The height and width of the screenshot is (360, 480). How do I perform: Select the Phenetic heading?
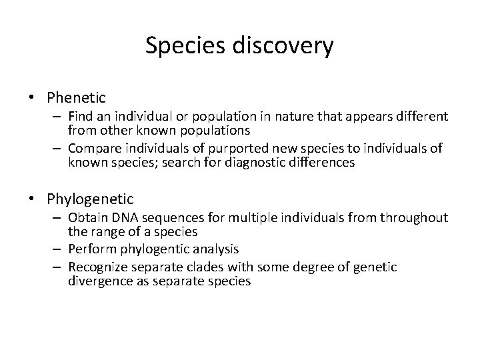(77, 98)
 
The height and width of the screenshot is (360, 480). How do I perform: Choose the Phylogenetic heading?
(91, 199)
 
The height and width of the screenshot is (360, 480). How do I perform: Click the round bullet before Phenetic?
(32, 99)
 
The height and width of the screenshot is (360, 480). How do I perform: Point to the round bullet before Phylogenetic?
(32, 199)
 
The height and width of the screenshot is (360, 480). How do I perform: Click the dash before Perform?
(58, 249)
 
